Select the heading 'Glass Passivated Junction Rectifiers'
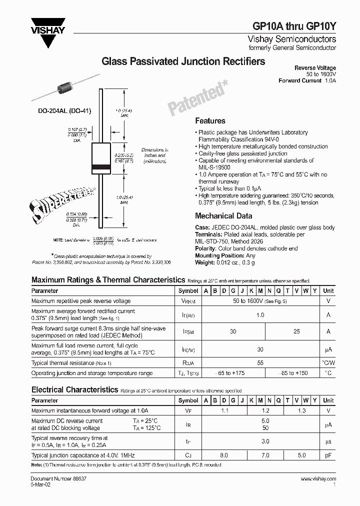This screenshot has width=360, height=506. pyautogui.click(x=183, y=61)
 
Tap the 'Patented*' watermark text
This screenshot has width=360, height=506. pyautogui.click(x=197, y=98)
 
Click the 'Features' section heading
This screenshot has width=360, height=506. pyautogui.click(x=210, y=120)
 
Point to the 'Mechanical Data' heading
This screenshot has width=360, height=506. pyautogui.click(x=223, y=216)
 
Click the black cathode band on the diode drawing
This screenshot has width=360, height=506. pyautogui.click(x=101, y=166)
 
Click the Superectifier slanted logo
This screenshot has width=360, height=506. pyautogui.click(x=57, y=199)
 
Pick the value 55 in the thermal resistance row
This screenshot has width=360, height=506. pyautogui.click(x=260, y=363)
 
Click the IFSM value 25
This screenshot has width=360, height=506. pyautogui.click(x=297, y=331)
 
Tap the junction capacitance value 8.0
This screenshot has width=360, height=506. pyautogui.click(x=223, y=455)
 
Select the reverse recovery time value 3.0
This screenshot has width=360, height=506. pyautogui.click(x=265, y=441)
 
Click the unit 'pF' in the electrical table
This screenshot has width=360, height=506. pyautogui.click(x=328, y=455)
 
